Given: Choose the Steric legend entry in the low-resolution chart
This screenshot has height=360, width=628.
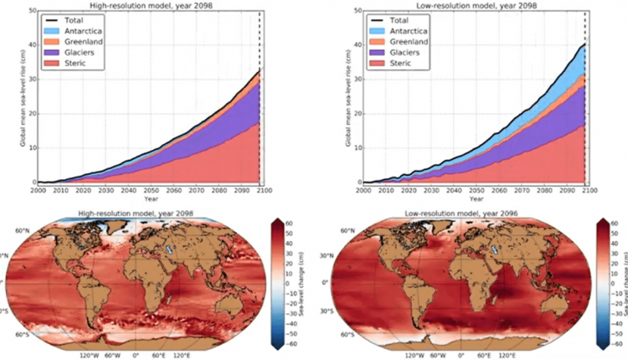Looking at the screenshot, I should [395, 64].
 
